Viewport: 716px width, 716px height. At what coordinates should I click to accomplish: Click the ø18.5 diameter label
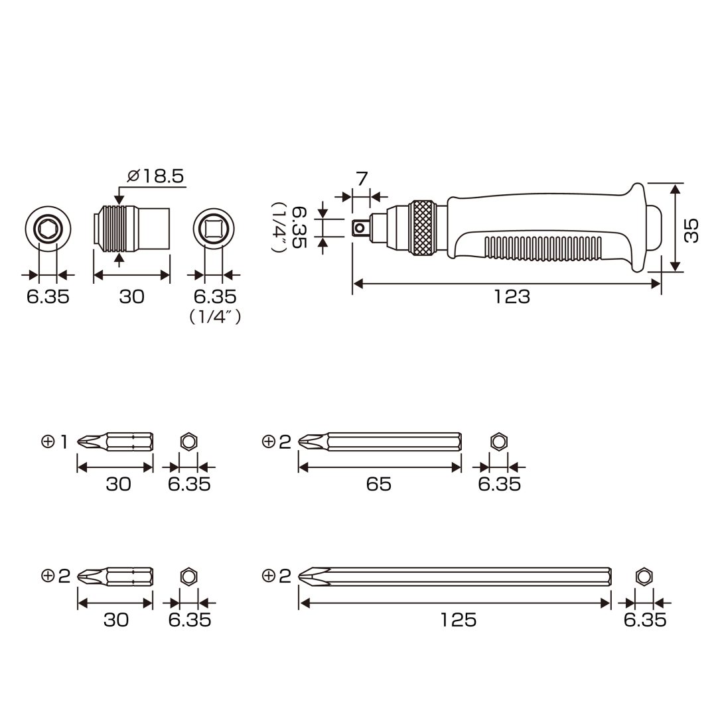click(155, 176)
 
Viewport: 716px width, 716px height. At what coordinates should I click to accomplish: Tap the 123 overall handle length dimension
click(512, 297)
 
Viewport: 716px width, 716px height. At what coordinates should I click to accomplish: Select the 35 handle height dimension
click(691, 231)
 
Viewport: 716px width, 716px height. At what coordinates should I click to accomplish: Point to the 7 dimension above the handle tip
click(362, 178)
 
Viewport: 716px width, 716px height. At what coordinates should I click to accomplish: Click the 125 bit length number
click(459, 620)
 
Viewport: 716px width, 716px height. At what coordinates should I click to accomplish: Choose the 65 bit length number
click(379, 484)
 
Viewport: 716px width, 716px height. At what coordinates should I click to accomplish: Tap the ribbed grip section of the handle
click(542, 249)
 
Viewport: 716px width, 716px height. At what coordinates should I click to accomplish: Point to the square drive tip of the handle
click(360, 227)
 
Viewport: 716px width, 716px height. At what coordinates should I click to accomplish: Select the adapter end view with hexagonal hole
click(48, 228)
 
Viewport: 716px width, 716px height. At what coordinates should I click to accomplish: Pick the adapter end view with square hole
click(214, 228)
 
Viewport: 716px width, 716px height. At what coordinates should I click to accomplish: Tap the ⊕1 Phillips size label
click(54, 442)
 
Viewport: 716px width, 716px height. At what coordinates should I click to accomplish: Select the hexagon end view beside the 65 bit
click(498, 441)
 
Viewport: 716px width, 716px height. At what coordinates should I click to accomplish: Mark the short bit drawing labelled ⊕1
click(115, 442)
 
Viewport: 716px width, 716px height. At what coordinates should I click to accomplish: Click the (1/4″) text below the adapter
click(215, 317)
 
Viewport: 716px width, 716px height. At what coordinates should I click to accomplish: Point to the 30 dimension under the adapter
click(131, 297)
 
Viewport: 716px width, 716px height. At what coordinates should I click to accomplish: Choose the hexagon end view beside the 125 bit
click(644, 576)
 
